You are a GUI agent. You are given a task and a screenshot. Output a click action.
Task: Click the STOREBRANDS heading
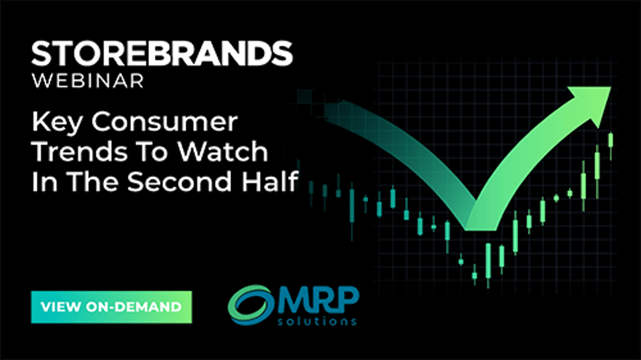point(162,53)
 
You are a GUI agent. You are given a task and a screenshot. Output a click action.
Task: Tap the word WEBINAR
point(88,81)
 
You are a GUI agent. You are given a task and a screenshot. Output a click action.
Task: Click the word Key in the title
point(57,122)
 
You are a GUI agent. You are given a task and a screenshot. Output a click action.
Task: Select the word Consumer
point(164,122)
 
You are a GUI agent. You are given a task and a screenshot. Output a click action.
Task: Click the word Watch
point(222,152)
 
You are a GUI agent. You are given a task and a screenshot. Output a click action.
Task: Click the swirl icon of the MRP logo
point(250,305)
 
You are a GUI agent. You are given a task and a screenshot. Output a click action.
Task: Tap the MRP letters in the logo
point(319,301)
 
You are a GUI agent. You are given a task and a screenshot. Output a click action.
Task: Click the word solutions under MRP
point(317,321)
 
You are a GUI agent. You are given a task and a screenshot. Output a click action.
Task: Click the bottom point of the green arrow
point(482,229)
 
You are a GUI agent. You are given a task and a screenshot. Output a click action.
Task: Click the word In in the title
point(45,182)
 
